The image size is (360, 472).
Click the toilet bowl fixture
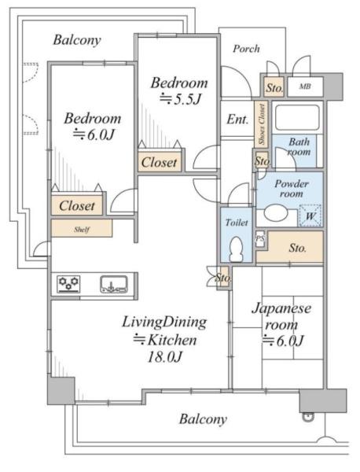[236, 249]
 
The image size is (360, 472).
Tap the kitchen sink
[114, 284]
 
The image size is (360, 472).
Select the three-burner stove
[69, 284]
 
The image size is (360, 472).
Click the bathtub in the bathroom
[297, 117]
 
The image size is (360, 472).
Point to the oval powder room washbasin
[277, 213]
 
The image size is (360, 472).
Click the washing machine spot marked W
[310, 216]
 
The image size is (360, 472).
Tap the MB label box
[305, 87]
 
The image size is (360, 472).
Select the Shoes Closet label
[262, 124]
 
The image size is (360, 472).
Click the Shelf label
[82, 230]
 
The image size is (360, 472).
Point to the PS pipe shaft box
[260, 238]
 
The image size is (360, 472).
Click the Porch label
[246, 49]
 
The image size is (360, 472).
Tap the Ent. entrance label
[237, 120]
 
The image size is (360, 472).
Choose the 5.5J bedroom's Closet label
[159, 163]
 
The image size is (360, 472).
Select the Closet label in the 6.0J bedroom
[77, 206]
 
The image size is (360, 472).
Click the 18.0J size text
[164, 357]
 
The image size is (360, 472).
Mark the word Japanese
[281, 309]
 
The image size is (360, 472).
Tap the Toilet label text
[237, 223]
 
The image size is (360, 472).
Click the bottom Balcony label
[203, 419]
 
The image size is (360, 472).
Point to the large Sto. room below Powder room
[290, 248]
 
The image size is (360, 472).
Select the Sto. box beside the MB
[274, 87]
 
